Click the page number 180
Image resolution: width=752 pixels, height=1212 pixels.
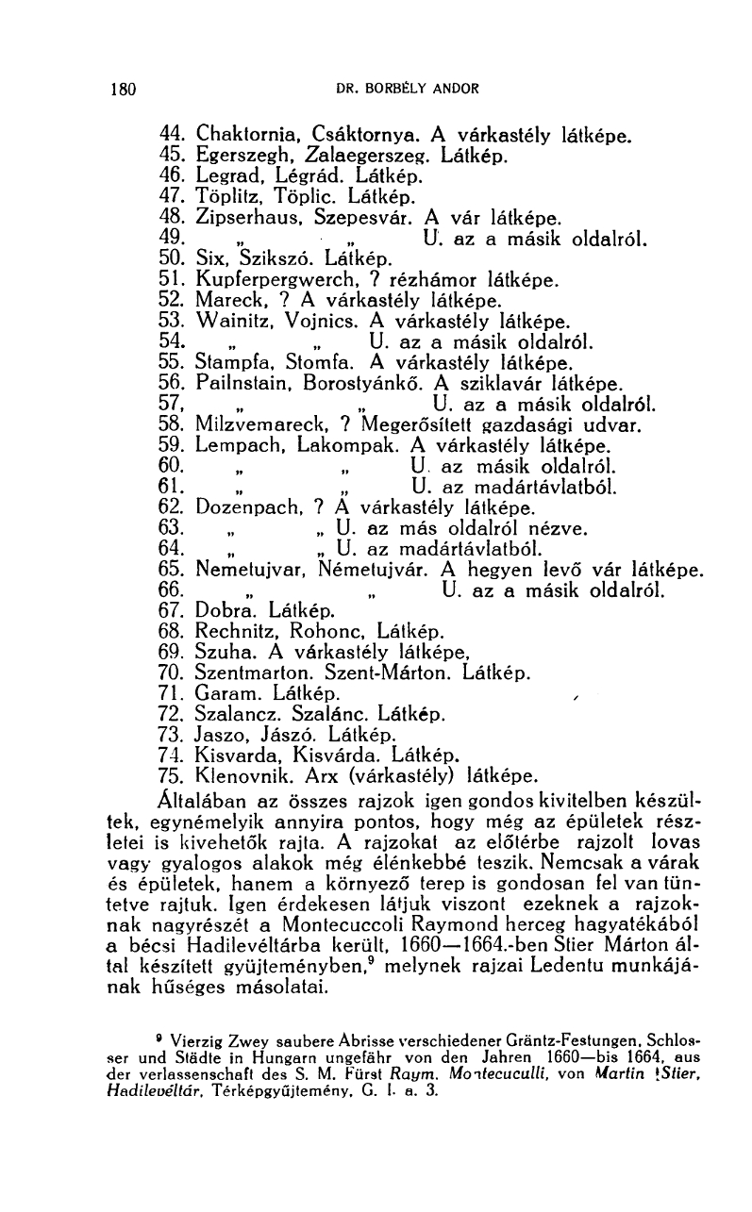tap(124, 91)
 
